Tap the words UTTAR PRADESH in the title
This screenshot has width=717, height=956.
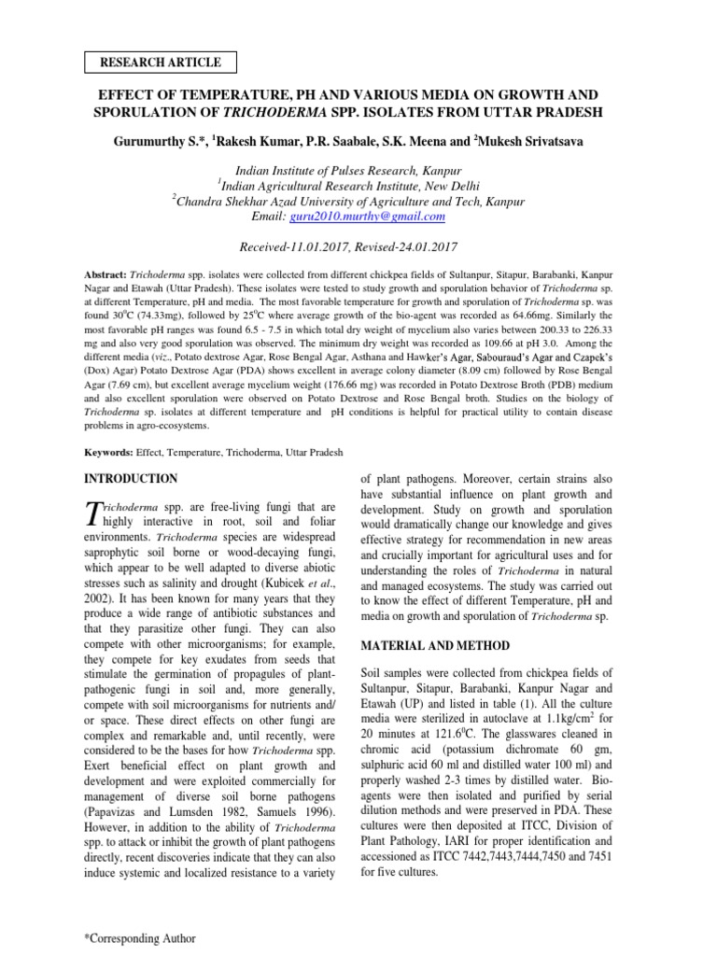tap(550, 113)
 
